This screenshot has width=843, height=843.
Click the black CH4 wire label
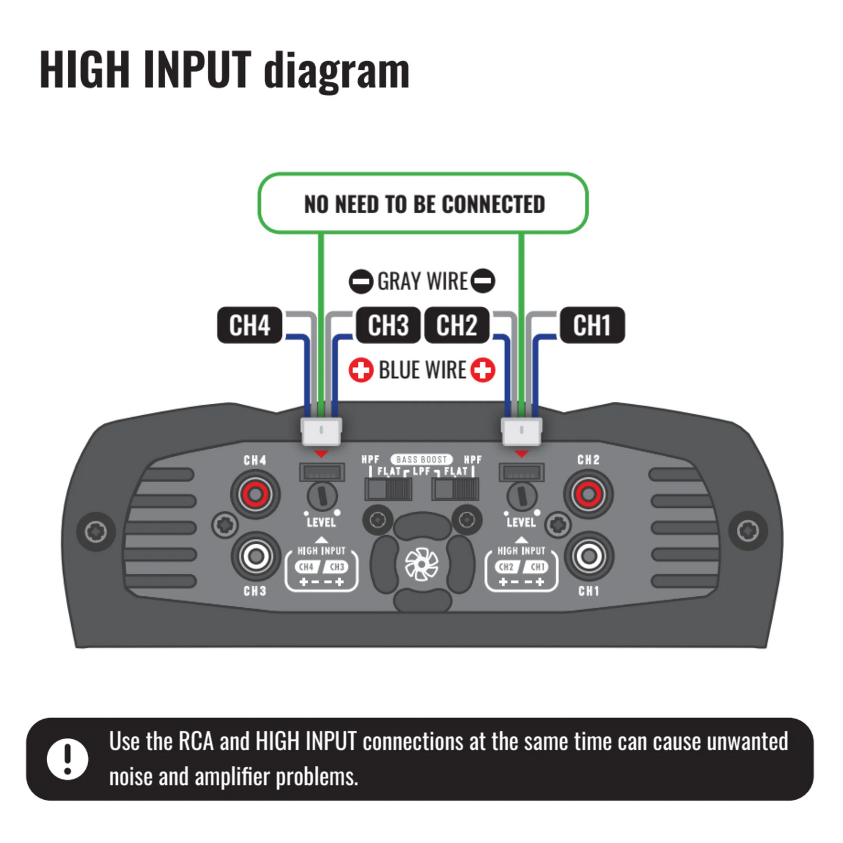coord(250,325)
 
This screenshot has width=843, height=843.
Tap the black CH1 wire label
coord(592,325)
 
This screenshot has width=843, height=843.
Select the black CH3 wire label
coord(388,325)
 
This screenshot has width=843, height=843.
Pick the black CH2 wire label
coord(457,325)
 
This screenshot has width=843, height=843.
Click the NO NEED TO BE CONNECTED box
coord(423,204)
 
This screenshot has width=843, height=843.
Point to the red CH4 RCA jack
coord(255,495)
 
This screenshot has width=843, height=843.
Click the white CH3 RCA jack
coord(255,556)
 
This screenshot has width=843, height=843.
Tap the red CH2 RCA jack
coord(588,495)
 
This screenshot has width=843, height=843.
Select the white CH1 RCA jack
coord(589,556)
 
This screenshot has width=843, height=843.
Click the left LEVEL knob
coord(321,496)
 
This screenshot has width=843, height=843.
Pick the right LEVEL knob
coord(522,496)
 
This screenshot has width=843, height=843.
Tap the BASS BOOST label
coord(421,460)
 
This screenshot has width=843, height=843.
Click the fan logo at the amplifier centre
coord(421,565)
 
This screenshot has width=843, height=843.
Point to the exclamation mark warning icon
coord(68,759)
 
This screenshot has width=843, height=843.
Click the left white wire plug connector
coord(321,431)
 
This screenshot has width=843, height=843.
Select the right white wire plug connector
coord(522,431)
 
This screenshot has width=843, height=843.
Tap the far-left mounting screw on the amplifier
coord(96,531)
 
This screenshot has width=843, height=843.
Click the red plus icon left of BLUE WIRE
coord(361,370)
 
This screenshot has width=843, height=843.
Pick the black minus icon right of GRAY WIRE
coord(483,281)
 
